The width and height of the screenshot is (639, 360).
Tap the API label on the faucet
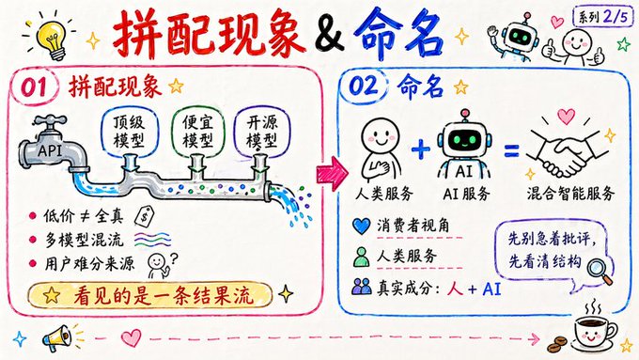tap(50, 150)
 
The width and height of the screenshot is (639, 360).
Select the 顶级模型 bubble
tap(129, 132)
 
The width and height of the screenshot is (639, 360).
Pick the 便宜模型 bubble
tap(197, 132)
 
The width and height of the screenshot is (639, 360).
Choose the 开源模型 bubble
tap(262, 132)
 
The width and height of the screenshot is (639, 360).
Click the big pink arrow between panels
tap(332, 173)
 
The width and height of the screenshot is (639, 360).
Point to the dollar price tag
tap(145, 216)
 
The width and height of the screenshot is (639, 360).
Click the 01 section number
tap(34, 86)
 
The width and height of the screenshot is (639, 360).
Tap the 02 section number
tap(364, 86)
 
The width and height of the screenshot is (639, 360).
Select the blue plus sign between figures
tap(421, 149)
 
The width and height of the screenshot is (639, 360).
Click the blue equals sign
tap(511, 150)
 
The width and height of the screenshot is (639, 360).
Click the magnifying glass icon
tap(600, 271)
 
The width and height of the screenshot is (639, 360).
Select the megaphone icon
tap(58, 338)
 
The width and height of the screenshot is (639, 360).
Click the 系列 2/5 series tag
tap(603, 17)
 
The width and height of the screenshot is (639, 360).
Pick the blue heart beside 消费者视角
tap(361, 226)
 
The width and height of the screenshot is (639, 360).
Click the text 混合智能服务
tap(569, 193)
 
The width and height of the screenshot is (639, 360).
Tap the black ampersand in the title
tap(329, 34)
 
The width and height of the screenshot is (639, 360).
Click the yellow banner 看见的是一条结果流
tap(150, 295)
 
